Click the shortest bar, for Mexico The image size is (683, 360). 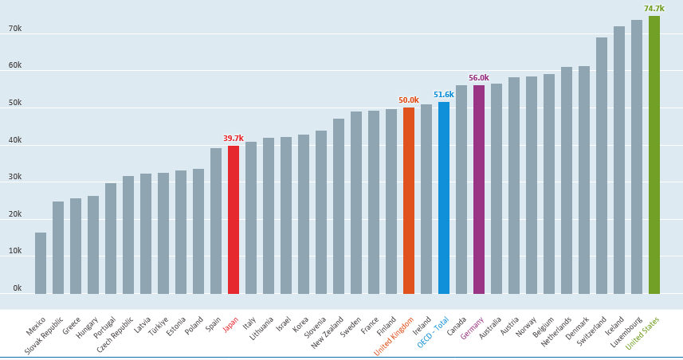pos(40,263)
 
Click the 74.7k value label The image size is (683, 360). pos(654,9)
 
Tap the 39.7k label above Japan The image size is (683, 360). pos(233,138)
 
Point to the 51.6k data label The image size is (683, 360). pos(443,94)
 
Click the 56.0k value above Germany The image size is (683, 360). pos(478,77)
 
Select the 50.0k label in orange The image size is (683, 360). pos(408,100)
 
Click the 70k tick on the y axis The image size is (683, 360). pos(15,29)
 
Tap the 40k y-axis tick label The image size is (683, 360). pos(15,140)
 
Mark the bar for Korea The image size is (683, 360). pos(303,214)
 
